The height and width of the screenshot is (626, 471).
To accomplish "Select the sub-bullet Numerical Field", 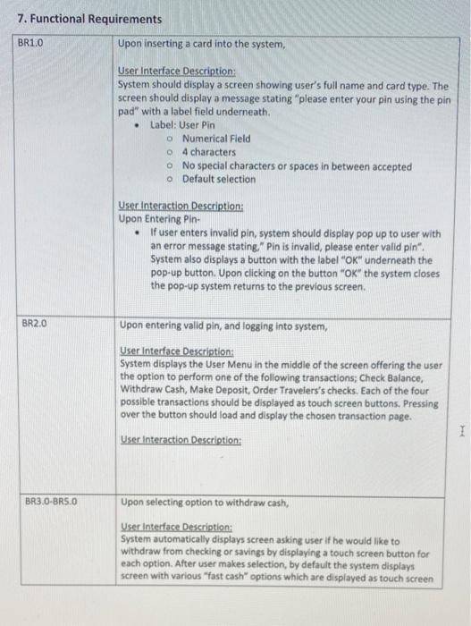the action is pyautogui.click(x=215, y=139).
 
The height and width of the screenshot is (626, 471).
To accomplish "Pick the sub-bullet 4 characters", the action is pyautogui.click(x=208, y=152).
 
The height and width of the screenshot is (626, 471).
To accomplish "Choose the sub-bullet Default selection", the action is pyautogui.click(x=218, y=179).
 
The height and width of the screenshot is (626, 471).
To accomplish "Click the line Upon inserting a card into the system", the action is pyautogui.click(x=201, y=44).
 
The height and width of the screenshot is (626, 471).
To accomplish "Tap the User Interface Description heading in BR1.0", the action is pyautogui.click(x=177, y=71).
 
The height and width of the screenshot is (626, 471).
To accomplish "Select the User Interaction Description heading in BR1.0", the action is pyautogui.click(x=181, y=205).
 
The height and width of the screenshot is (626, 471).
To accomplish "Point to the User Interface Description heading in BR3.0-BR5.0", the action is pyautogui.click(x=177, y=529).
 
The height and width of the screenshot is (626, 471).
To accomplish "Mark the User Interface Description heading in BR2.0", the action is pyautogui.click(x=177, y=352).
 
